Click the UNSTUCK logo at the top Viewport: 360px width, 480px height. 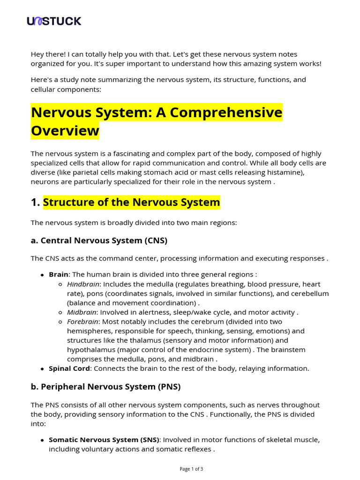point(54,21)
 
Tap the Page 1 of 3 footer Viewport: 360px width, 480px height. point(191,469)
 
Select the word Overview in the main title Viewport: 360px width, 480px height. point(65,130)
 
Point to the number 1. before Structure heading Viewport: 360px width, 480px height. point(35,202)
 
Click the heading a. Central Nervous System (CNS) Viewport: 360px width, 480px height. point(99,240)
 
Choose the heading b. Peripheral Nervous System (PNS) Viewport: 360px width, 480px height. point(105,387)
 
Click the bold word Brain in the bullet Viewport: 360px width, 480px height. point(59,275)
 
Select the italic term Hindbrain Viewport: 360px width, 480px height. point(83,284)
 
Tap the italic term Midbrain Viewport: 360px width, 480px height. point(82,312)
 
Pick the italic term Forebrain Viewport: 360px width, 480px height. point(82,322)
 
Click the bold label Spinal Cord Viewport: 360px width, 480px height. point(69,368)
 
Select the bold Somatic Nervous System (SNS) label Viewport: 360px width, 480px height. point(104,440)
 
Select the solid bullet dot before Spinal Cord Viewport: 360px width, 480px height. point(43,369)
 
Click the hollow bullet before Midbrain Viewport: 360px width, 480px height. point(61,313)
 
